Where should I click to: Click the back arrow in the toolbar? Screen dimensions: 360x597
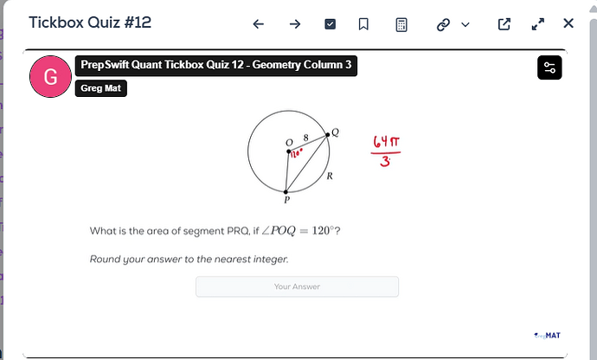click(x=258, y=24)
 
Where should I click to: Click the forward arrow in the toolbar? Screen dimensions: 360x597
click(x=294, y=24)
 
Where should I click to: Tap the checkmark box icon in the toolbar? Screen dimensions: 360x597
click(x=330, y=24)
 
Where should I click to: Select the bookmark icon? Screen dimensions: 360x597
click(x=364, y=24)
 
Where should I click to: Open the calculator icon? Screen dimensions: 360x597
click(x=401, y=24)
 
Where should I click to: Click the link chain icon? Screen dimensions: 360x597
click(x=444, y=24)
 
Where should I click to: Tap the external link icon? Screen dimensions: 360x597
click(x=504, y=24)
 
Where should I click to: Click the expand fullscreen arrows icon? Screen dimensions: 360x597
click(x=538, y=24)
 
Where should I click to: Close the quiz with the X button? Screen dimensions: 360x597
click(x=568, y=23)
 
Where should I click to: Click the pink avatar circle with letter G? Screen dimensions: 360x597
click(x=50, y=77)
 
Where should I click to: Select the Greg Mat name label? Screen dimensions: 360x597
click(x=101, y=88)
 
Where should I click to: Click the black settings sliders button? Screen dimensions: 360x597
click(x=549, y=68)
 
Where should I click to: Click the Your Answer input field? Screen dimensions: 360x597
click(x=297, y=286)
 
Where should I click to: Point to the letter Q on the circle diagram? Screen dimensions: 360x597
click(x=335, y=132)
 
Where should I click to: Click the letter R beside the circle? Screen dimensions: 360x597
click(x=330, y=176)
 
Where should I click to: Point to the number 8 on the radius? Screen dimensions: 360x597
click(x=305, y=138)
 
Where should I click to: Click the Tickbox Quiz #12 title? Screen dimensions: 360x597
click(x=90, y=22)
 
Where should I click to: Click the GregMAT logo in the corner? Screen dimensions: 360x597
click(x=548, y=335)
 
